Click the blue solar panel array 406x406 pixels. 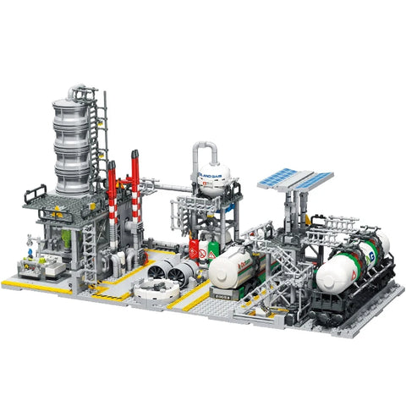point(295,178)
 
